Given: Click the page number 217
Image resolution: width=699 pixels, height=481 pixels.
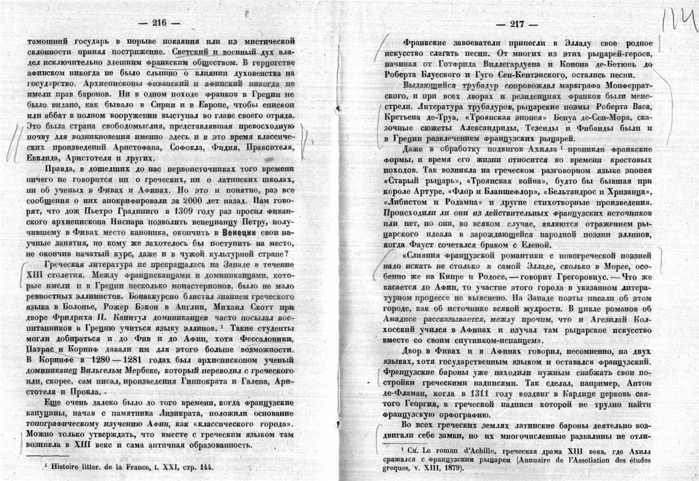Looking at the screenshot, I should (517, 23).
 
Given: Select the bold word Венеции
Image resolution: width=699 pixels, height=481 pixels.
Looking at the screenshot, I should (240, 233).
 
